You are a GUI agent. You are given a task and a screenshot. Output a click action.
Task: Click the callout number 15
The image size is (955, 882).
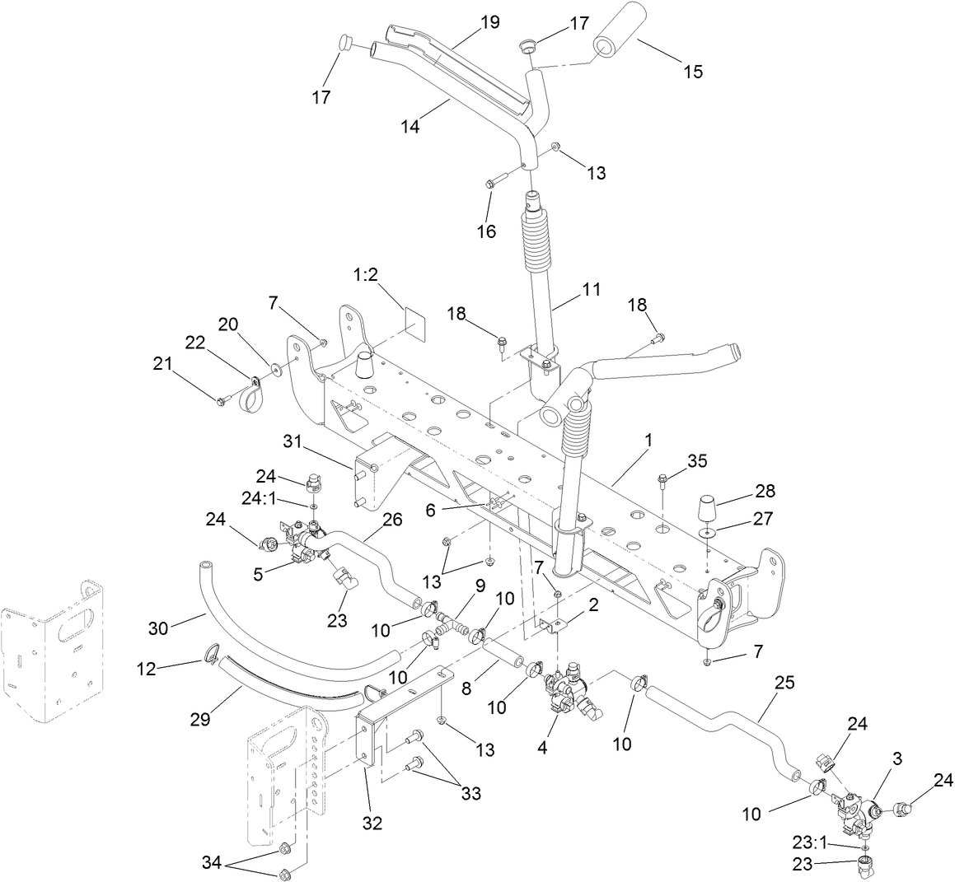[693, 72]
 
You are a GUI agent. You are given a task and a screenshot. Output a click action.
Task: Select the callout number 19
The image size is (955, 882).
[489, 22]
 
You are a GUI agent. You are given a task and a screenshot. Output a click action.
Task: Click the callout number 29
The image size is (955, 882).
[199, 719]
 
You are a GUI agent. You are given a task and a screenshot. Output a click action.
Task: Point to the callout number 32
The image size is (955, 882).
[372, 822]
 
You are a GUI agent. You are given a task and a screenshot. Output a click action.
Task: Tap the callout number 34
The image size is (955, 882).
[213, 861]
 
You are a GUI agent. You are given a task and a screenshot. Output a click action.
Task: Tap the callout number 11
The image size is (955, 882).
[590, 290]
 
